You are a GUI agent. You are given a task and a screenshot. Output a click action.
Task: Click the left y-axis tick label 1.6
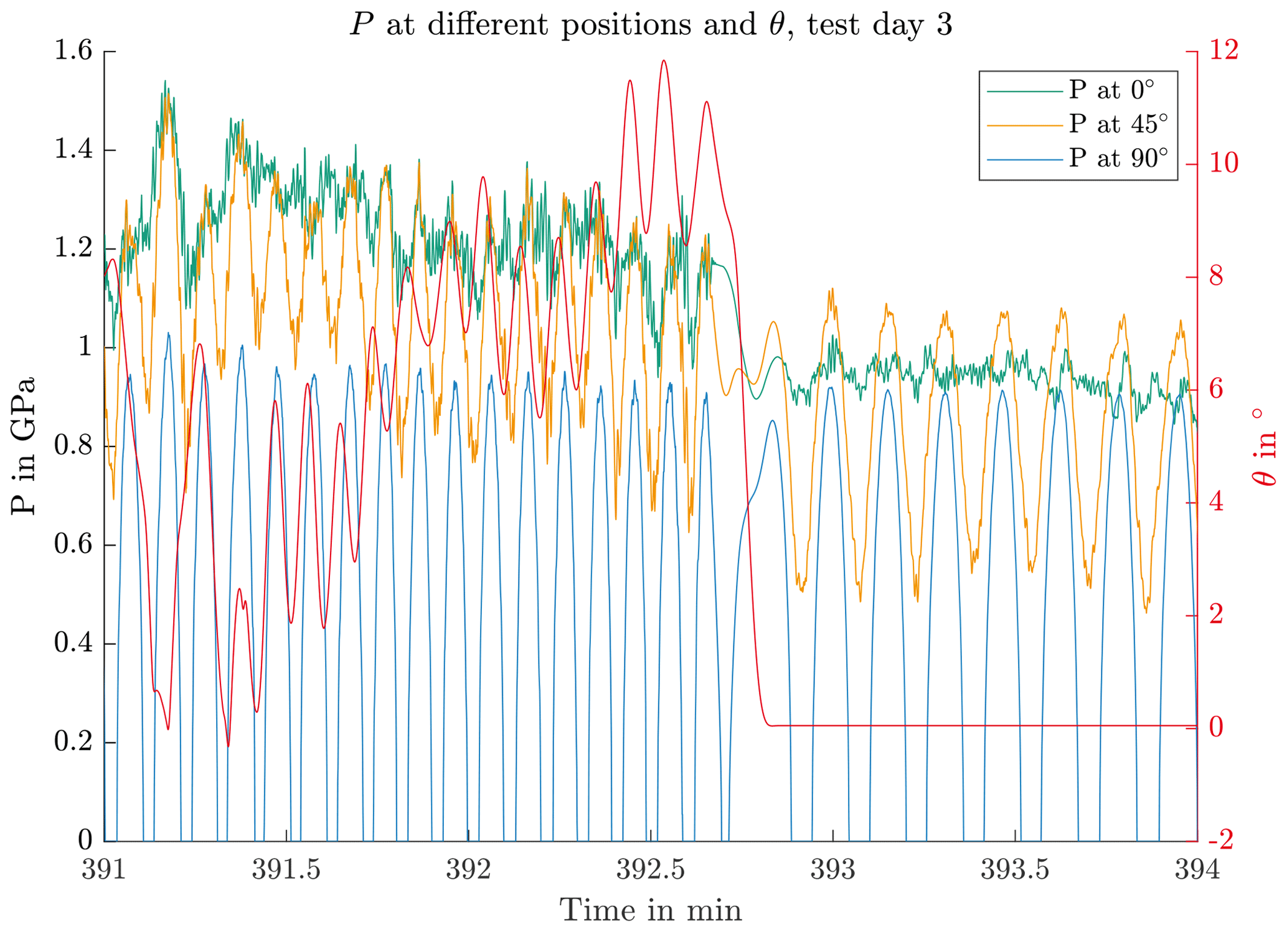(73, 51)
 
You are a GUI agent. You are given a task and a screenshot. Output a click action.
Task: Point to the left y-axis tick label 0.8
(73, 446)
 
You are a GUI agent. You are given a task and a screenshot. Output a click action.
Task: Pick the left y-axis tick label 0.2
(73, 742)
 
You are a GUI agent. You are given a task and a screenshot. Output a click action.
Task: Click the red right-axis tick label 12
(1224, 51)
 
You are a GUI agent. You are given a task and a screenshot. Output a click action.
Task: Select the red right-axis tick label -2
(1221, 840)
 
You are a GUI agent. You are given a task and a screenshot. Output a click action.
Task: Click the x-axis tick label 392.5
(651, 870)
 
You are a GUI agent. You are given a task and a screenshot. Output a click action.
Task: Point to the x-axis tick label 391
(104, 870)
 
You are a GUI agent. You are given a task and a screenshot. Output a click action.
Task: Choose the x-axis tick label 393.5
(1015, 870)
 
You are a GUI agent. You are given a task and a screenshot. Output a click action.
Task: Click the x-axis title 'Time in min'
(651, 910)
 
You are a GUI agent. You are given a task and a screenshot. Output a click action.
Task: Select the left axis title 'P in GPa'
(23, 446)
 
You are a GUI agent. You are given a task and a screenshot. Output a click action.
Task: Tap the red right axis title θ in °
(1264, 446)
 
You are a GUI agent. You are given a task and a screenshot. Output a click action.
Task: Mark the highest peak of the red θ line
(664, 60)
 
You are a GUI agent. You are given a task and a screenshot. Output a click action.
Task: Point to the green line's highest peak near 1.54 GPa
(165, 81)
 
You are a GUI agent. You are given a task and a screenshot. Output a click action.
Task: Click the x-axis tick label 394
(1197, 870)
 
